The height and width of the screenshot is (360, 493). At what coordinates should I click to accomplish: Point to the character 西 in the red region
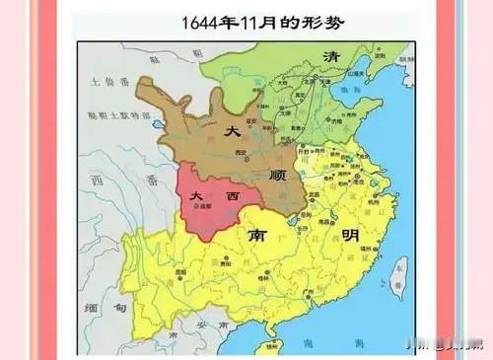pos(233,196)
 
